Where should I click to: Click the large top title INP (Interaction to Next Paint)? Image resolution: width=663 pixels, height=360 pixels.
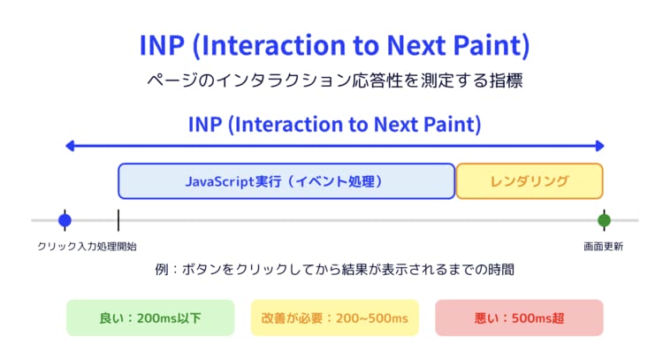[334, 45]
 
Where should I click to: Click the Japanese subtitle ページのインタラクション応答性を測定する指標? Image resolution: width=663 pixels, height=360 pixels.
[335, 80]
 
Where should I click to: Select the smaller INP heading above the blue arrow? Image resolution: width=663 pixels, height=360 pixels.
[334, 125]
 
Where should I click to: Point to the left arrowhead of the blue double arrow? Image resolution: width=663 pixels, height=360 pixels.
[70, 146]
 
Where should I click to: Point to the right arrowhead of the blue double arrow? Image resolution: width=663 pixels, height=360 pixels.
[599, 146]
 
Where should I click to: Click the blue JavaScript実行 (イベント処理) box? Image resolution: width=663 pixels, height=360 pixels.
[286, 181]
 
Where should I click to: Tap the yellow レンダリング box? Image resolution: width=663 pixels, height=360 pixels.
[530, 181]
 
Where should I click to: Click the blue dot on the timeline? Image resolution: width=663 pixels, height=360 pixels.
[65, 220]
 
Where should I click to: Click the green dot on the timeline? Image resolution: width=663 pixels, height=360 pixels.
[605, 220]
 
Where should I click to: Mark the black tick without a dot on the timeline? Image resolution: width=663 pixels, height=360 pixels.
[118, 220]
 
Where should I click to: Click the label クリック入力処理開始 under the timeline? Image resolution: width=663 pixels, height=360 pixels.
[88, 247]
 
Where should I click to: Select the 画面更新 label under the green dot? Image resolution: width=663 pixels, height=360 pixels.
[604, 247]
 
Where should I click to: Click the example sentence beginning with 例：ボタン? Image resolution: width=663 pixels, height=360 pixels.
[335, 270]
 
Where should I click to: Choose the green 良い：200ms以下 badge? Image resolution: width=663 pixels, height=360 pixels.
[150, 318]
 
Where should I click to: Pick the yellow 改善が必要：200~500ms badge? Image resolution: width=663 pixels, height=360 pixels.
[335, 318]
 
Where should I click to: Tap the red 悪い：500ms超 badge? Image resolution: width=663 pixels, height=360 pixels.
[519, 318]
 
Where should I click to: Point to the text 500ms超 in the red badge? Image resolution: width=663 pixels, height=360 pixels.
[537, 318]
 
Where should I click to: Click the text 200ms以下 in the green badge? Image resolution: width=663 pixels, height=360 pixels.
[169, 318]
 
